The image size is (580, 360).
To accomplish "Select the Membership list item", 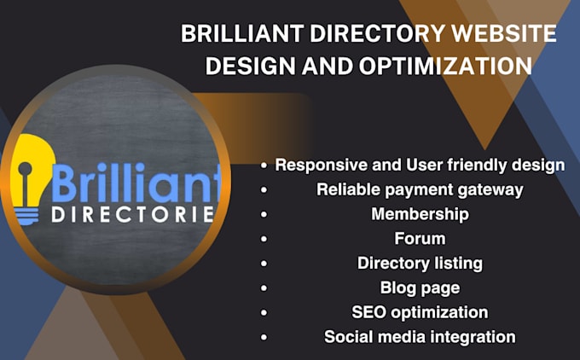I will pos(420,213).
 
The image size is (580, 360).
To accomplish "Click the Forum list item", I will pos(420,238).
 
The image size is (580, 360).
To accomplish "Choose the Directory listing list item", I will pos(420,263).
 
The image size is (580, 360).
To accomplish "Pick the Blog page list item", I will pos(420,287).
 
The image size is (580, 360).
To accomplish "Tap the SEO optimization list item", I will pos(420,312).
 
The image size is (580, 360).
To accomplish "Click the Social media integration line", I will pos(420,337).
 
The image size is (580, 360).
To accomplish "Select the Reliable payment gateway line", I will pos(420,189).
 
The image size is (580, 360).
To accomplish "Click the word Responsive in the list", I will pos(315,165).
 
